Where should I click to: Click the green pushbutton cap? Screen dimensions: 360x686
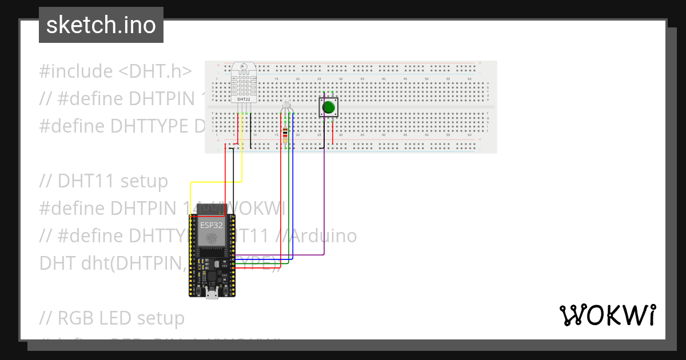point(329,107)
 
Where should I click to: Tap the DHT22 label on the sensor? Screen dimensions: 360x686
point(244,99)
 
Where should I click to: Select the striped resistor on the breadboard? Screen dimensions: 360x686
point(286,134)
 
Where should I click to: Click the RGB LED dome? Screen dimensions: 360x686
point(287,106)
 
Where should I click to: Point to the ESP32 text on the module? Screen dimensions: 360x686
point(211,225)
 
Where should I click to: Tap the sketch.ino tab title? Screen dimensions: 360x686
point(101,25)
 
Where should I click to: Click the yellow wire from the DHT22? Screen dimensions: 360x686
point(242,160)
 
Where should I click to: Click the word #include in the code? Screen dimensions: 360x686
point(76,71)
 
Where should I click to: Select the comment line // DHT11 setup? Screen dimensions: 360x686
point(103,181)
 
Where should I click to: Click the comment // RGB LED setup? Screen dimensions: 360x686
point(112,318)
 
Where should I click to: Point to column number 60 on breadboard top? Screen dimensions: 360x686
point(469,79)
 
